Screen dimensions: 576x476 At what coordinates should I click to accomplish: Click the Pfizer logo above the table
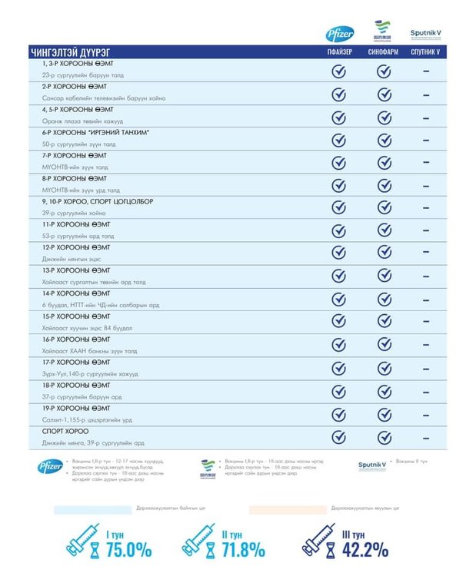pos(339,34)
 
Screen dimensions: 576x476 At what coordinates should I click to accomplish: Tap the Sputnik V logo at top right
pos(425,35)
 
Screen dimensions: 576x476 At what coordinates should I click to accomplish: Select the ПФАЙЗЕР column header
pos(338,52)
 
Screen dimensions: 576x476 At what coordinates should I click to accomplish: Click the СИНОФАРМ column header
pos(384,52)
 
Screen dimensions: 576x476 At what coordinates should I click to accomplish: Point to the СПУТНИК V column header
pos(425,52)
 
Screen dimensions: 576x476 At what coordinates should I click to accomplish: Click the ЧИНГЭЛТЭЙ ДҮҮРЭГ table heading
pos(65,52)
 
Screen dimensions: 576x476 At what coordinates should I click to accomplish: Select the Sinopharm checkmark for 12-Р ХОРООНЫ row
pos(384,253)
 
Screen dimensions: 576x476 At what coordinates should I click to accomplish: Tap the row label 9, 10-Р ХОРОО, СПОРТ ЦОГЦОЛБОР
pos(98,201)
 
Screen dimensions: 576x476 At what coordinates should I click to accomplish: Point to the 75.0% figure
pos(128,550)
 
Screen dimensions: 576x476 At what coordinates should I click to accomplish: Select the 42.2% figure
pos(364,550)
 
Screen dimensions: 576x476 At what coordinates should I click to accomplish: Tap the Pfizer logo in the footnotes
pos(48,466)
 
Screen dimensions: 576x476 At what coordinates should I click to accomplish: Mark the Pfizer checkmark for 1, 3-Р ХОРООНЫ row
pos(338,71)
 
